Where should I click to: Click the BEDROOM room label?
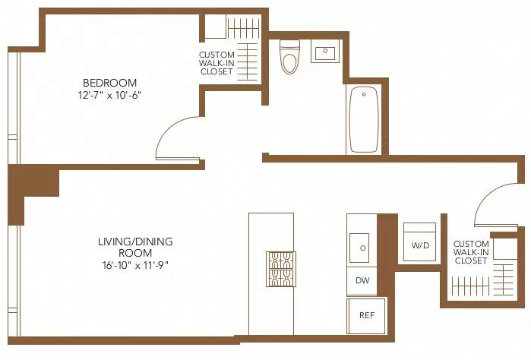(x=110, y=83)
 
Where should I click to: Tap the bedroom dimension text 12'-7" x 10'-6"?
(x=110, y=96)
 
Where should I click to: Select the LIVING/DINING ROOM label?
(x=135, y=247)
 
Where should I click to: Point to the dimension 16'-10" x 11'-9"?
(x=135, y=265)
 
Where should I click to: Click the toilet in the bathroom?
(x=289, y=58)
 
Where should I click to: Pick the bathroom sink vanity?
(x=324, y=53)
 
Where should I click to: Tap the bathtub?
(x=363, y=119)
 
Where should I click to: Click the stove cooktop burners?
(x=280, y=268)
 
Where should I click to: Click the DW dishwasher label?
(x=362, y=280)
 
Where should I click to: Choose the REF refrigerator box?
(x=366, y=314)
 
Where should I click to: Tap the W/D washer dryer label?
(x=419, y=245)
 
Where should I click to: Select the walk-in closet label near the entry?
(x=471, y=252)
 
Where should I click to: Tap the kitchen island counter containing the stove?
(x=271, y=235)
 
